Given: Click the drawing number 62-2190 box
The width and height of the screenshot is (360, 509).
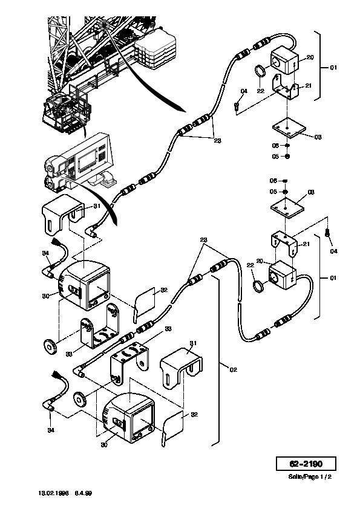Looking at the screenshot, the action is [x=306, y=464].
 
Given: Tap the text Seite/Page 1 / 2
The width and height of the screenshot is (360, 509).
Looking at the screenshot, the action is [x=310, y=476].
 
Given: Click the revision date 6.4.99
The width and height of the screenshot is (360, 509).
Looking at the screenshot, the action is [x=83, y=493].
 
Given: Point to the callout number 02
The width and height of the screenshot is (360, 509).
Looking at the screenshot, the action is [x=234, y=369].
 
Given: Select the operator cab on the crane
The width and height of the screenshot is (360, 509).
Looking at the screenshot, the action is [x=67, y=110].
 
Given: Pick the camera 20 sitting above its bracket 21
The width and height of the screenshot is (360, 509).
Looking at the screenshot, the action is [x=284, y=62].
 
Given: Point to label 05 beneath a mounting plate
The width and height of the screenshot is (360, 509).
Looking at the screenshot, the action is [x=275, y=157].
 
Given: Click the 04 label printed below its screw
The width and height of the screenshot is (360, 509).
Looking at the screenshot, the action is [x=333, y=251].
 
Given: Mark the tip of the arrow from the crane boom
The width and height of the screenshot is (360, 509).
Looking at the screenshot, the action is [x=186, y=112].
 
